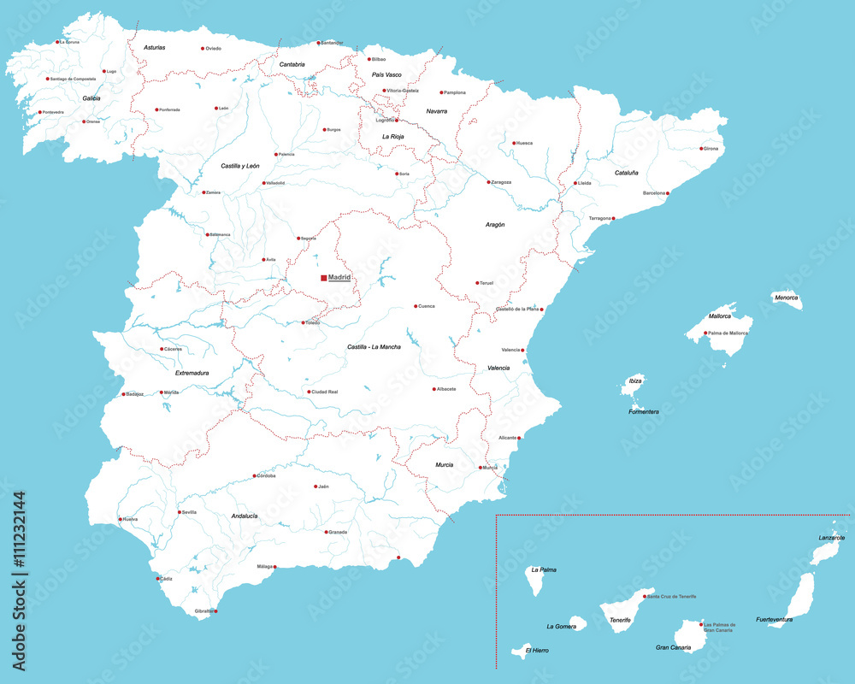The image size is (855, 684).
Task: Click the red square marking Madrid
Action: click(x=324, y=278)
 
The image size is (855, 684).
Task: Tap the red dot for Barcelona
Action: click(x=668, y=193)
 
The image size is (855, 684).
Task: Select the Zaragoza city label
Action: click(x=501, y=182)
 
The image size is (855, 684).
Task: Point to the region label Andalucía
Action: click(x=245, y=516)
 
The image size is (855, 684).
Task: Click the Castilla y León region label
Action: click(x=240, y=165)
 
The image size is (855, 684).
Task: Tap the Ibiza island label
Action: click(x=635, y=380)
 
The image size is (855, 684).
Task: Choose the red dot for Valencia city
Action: click(x=523, y=351)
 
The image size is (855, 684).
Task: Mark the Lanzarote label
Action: click(x=832, y=538)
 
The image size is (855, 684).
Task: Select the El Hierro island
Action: click(x=519, y=652)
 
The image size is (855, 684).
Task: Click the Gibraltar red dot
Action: click(x=215, y=611)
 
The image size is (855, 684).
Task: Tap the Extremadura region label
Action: click(x=192, y=373)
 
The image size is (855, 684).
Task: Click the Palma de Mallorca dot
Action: click(x=705, y=333)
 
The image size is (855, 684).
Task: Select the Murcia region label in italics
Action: click(x=445, y=464)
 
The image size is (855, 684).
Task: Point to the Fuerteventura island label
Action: click(x=775, y=619)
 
